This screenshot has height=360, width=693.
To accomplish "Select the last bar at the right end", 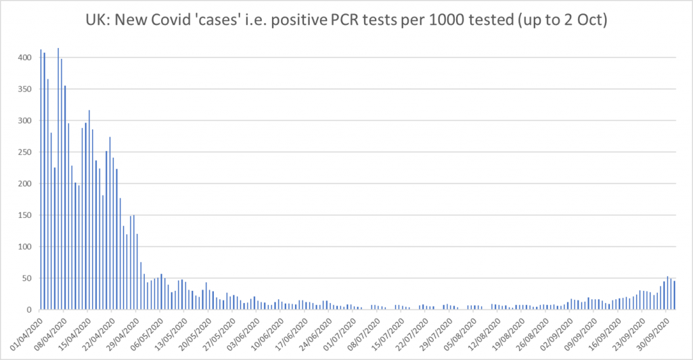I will coord(674,295).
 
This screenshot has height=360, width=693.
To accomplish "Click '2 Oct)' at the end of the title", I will coord(587,20).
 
